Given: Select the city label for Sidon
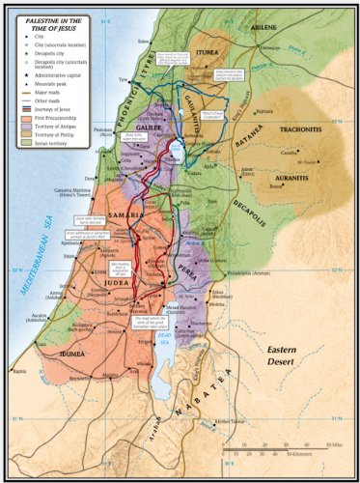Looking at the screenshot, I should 145,42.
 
